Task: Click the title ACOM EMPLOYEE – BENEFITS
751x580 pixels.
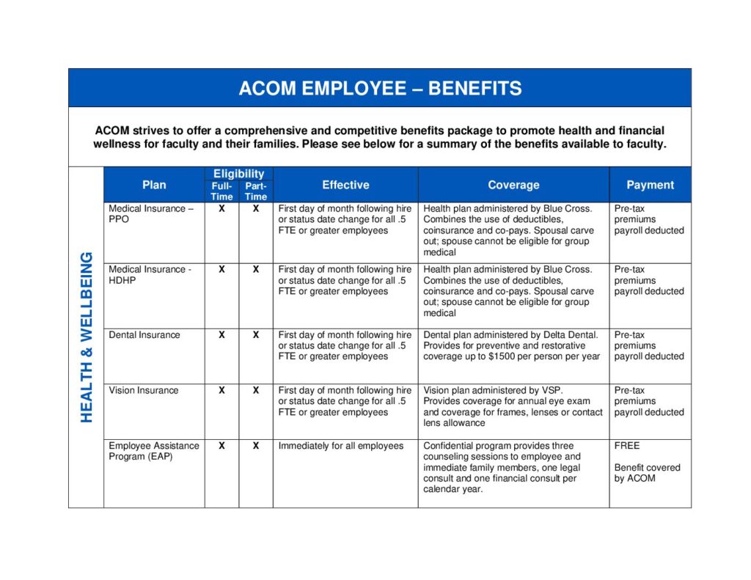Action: click(x=380, y=89)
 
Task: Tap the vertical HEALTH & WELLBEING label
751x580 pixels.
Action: click(x=87, y=337)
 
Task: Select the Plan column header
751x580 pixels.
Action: click(x=154, y=185)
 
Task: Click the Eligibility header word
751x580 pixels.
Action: click(x=238, y=174)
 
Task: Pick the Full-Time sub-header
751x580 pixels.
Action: click(x=221, y=191)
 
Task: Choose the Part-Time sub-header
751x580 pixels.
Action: click(x=256, y=191)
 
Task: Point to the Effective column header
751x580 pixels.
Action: click(x=345, y=185)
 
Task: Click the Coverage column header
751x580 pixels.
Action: click(x=513, y=186)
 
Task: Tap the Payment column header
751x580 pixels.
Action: click(x=650, y=185)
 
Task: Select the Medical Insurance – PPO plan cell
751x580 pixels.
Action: click(x=151, y=214)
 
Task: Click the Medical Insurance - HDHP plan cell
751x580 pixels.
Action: click(x=150, y=275)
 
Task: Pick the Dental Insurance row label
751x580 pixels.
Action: click(x=144, y=335)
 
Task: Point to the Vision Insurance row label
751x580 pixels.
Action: click(x=143, y=391)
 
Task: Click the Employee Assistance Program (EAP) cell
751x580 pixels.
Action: click(x=153, y=451)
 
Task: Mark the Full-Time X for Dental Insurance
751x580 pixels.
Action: click(x=221, y=335)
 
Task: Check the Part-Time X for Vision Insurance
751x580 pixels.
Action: click(x=256, y=391)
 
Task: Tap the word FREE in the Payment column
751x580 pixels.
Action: click(x=627, y=446)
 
